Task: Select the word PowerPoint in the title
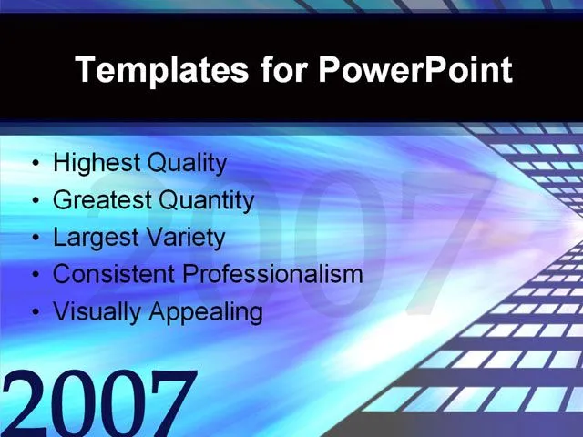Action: point(414,70)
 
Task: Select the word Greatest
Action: point(97,200)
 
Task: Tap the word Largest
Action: point(92,239)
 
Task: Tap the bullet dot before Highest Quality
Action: point(36,165)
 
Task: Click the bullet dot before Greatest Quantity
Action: point(36,201)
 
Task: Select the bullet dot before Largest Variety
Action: point(36,239)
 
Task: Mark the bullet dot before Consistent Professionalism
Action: point(36,275)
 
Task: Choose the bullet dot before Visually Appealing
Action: point(36,312)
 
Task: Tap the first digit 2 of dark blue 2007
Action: point(25,403)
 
